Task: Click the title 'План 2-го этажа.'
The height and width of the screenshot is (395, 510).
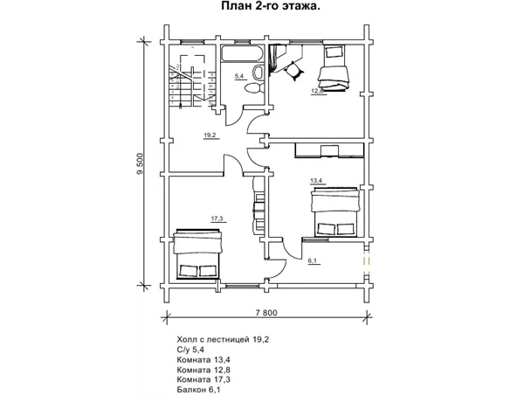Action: coord(271,6)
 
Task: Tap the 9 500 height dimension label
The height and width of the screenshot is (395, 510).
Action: coord(141,163)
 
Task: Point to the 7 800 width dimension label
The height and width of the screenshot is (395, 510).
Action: coord(266,313)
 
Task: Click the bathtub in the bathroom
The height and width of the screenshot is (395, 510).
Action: coord(242,53)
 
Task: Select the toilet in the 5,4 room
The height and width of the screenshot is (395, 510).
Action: coord(254,88)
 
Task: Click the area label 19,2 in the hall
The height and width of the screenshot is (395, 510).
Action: coord(210,135)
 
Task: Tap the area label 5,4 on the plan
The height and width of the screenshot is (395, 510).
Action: coord(239,76)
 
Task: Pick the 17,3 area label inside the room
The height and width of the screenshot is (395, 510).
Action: coord(217,218)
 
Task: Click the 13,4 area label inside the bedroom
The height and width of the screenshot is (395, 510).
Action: coord(316,180)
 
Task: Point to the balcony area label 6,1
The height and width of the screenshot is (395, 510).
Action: coord(313,260)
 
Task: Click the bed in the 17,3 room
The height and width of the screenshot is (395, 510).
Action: coord(197,254)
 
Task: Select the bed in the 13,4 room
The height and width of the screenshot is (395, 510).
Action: coord(335,211)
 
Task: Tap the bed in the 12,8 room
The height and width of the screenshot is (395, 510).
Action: coord(334,68)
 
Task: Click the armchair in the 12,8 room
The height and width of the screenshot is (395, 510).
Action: coord(294,71)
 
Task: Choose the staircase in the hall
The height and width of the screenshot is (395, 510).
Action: coord(191,80)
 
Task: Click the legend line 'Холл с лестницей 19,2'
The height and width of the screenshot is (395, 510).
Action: coord(223,340)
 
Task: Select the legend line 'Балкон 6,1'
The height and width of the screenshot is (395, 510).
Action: coord(198,390)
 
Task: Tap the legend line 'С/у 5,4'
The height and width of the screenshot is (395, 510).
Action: coord(190,350)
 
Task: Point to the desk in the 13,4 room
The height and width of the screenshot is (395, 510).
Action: coord(329,150)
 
